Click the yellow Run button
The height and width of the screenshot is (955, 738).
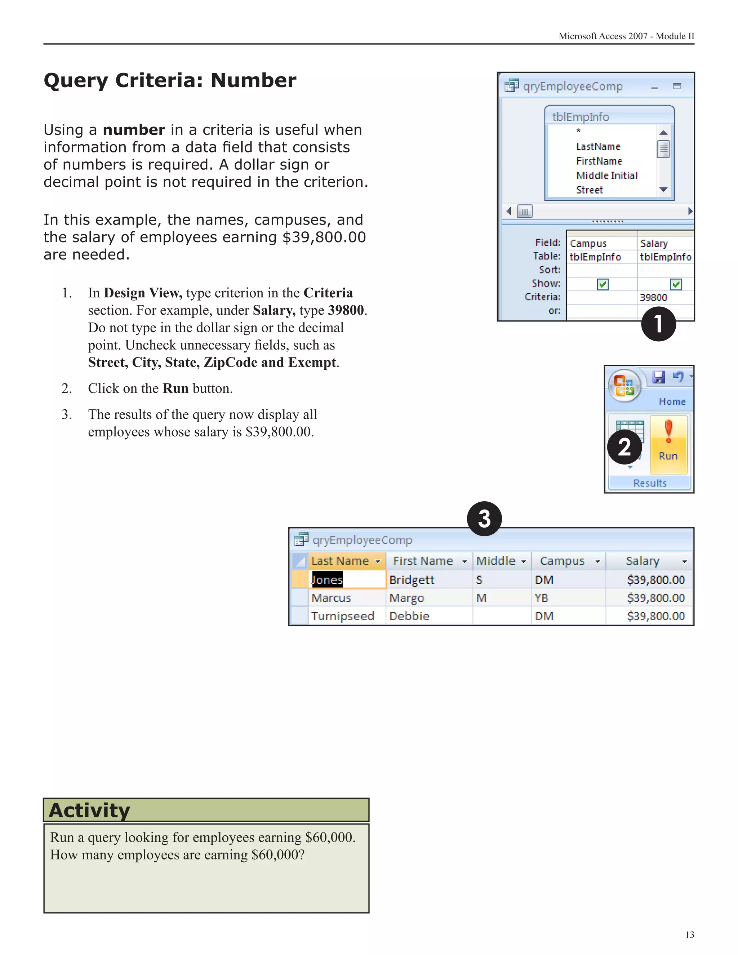(x=668, y=444)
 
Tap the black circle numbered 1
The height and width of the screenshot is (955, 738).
(x=658, y=324)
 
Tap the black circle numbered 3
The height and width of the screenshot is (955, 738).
(x=484, y=519)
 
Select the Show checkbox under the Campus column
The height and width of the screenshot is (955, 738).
(x=603, y=284)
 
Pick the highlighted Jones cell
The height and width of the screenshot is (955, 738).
(x=327, y=580)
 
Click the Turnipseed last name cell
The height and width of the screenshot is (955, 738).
(x=342, y=616)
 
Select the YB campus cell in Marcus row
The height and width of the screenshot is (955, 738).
(x=541, y=598)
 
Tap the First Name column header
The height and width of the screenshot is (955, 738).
(x=423, y=561)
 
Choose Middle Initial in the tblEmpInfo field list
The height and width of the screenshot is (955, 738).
(x=606, y=176)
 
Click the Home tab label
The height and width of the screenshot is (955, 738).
(x=672, y=401)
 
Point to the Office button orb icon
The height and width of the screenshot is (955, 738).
(x=624, y=386)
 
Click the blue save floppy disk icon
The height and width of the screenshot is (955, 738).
(x=658, y=377)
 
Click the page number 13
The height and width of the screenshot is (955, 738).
(x=689, y=935)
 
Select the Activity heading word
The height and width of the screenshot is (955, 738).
(x=90, y=810)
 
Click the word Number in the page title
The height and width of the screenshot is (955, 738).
(x=254, y=81)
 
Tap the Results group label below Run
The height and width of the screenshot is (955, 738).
(x=650, y=483)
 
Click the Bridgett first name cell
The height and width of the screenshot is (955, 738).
(x=412, y=580)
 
